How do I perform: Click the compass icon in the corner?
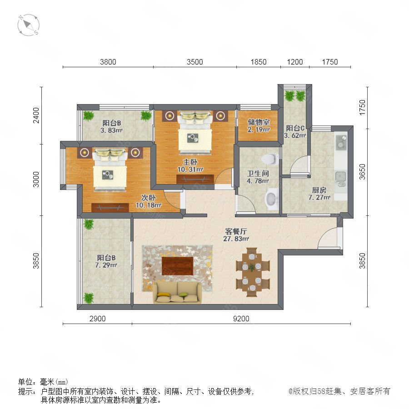click(x=29, y=25)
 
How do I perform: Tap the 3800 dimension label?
click(x=108, y=62)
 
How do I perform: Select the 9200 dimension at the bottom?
click(x=241, y=319)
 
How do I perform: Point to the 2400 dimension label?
click(x=36, y=115)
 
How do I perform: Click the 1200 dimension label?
click(x=295, y=62)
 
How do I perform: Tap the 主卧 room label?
click(x=190, y=162)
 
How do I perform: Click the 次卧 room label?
click(x=149, y=198)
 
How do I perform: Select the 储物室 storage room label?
click(x=259, y=122)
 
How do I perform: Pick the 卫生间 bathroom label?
click(x=258, y=174)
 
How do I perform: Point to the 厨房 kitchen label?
click(x=319, y=190)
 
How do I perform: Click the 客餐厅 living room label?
click(x=236, y=231)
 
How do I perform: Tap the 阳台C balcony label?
click(x=295, y=128)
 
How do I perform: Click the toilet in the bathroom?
click(x=269, y=159)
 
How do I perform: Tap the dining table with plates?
click(x=252, y=272)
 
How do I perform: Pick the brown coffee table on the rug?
click(x=177, y=266)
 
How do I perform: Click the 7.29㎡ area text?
click(x=106, y=265)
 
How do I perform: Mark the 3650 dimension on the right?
click(x=362, y=172)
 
